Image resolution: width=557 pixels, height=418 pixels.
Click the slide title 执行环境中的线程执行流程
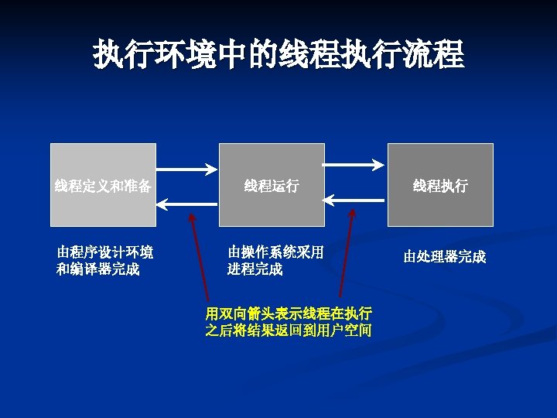[278, 55]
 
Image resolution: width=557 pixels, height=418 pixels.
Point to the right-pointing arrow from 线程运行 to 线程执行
[354, 164]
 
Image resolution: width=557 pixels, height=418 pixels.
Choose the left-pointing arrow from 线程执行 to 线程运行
[354, 200]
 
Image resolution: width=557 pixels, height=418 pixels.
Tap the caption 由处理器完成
[444, 257]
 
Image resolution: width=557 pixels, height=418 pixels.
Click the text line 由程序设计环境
[104, 252]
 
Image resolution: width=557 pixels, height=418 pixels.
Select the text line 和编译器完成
[98, 269]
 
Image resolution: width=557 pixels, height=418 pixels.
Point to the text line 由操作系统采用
[275, 252]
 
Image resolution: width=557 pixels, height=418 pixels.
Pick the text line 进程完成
[255, 269]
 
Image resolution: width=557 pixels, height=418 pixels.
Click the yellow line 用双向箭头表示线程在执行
[288, 313]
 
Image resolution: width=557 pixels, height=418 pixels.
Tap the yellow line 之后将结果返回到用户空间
[288, 331]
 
